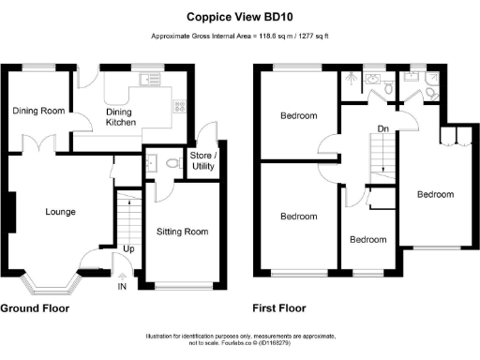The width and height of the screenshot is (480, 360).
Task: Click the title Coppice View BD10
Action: click(x=239, y=16)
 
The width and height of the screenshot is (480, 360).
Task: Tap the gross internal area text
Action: click(x=239, y=37)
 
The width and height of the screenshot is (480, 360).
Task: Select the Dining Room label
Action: click(x=38, y=111)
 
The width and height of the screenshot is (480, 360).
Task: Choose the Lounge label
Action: click(x=60, y=212)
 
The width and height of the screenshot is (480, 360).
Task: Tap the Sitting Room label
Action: click(x=182, y=232)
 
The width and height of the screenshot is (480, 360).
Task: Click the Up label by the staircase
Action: click(x=128, y=249)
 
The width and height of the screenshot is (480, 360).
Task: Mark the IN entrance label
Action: click(x=121, y=286)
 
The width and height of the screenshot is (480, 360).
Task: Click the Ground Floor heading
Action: click(x=38, y=307)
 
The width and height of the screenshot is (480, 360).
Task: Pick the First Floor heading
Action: click(x=279, y=307)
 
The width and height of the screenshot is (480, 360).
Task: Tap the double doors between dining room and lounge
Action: click(x=38, y=147)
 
